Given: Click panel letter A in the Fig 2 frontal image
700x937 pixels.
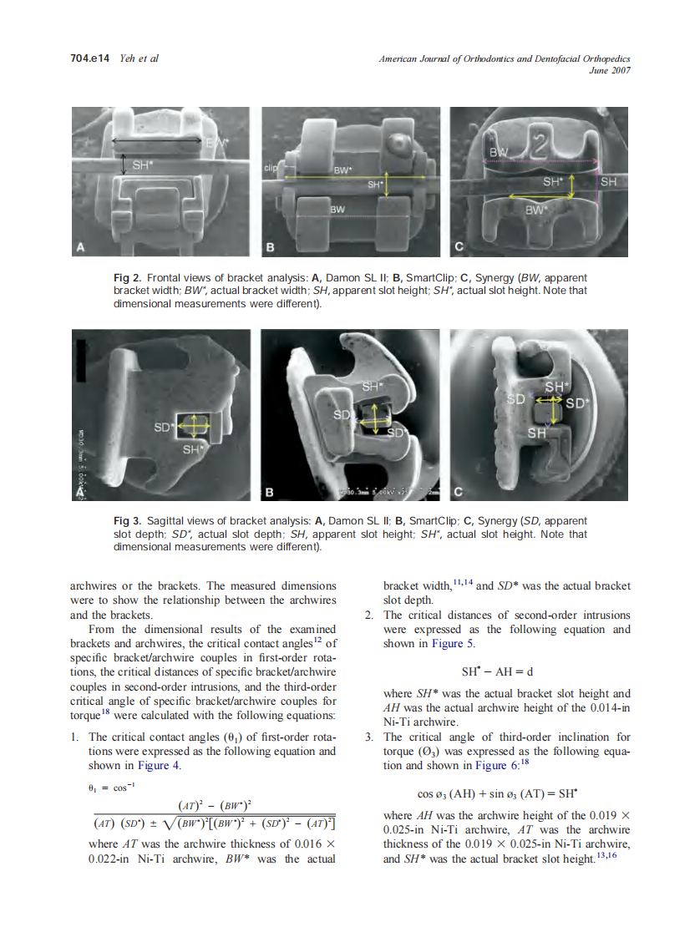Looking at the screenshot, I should point(81,246).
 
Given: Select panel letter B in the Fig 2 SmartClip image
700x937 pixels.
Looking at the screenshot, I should point(271,247).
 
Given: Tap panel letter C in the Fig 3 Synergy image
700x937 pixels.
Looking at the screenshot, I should point(459,492).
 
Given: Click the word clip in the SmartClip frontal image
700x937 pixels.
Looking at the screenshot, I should point(269,168).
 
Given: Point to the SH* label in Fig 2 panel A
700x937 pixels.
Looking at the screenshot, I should point(143,165).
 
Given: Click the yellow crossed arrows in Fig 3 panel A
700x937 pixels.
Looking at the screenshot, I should point(192,426).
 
